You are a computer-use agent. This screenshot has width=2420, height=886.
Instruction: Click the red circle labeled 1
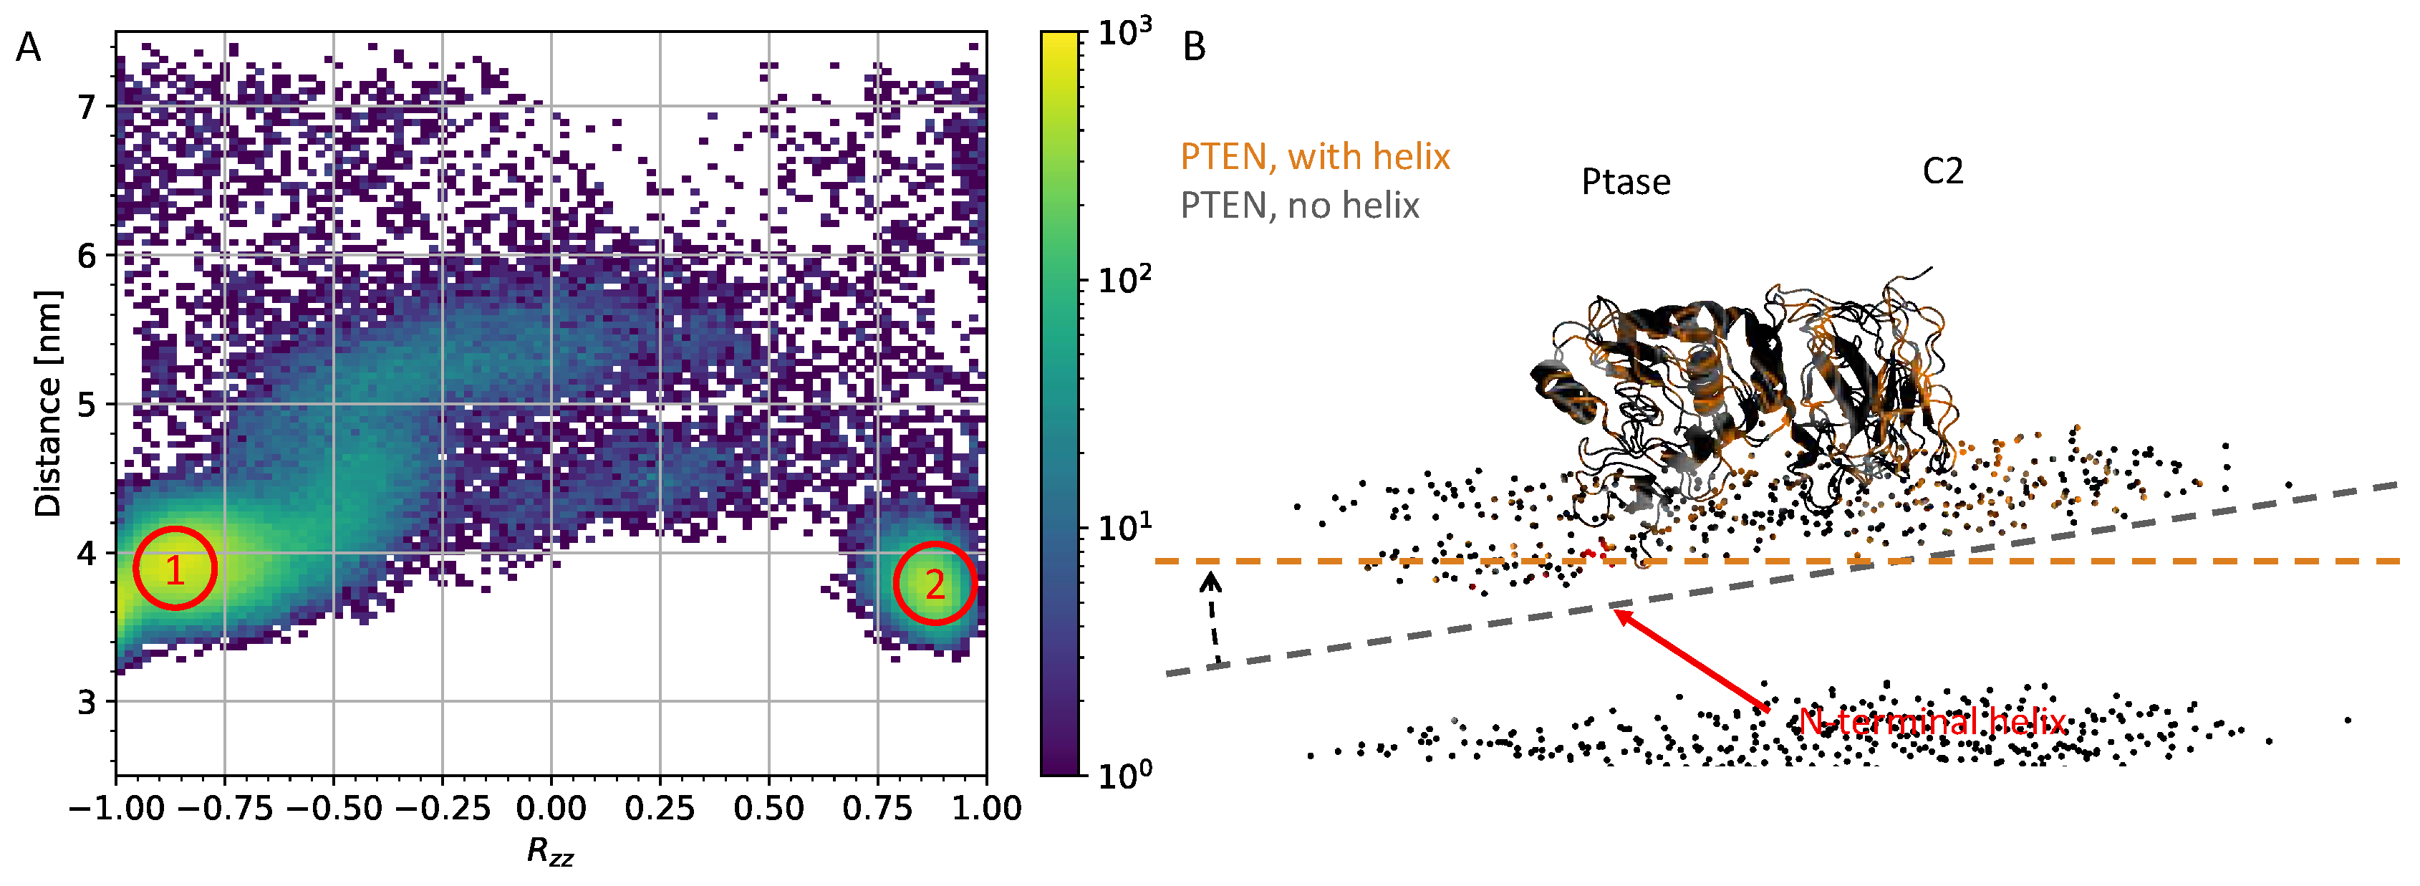click(175, 569)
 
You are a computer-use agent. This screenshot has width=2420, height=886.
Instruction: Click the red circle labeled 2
click(935, 584)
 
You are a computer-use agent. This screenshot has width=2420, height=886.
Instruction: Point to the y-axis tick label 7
click(87, 107)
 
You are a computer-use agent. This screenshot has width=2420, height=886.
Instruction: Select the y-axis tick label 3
click(87, 702)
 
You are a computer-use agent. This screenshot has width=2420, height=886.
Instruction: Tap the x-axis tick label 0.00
click(551, 809)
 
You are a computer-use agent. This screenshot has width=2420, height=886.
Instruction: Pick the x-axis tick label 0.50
click(768, 809)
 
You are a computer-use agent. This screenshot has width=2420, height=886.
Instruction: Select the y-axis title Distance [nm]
click(47, 404)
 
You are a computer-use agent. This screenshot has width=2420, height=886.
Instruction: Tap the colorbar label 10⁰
click(1124, 774)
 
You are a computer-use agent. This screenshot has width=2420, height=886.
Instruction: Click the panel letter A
click(28, 47)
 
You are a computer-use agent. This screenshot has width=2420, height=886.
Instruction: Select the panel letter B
click(1194, 47)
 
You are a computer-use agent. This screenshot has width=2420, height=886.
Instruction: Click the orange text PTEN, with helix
click(1314, 157)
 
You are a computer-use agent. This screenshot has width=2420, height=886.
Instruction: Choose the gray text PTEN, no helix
click(1299, 206)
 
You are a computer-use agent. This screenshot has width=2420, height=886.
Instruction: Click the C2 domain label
click(1943, 172)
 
